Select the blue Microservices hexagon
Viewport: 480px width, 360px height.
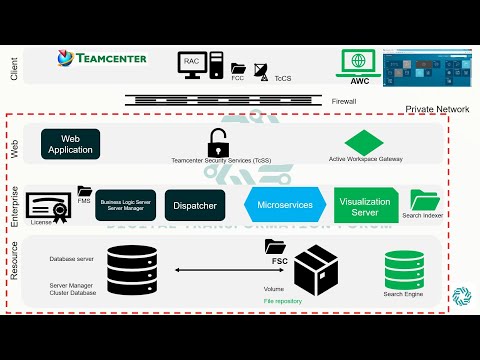click(x=285, y=204)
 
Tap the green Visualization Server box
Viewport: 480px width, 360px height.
click(x=364, y=206)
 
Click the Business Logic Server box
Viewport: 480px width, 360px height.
click(x=126, y=205)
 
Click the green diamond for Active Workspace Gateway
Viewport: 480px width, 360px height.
click(x=364, y=142)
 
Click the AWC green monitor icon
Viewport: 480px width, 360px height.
click(x=358, y=62)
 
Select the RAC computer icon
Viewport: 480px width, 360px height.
click(x=194, y=64)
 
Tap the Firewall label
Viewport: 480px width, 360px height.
click(x=343, y=101)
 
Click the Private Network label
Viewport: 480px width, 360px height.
click(x=437, y=109)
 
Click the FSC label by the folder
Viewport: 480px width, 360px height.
click(x=281, y=260)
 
